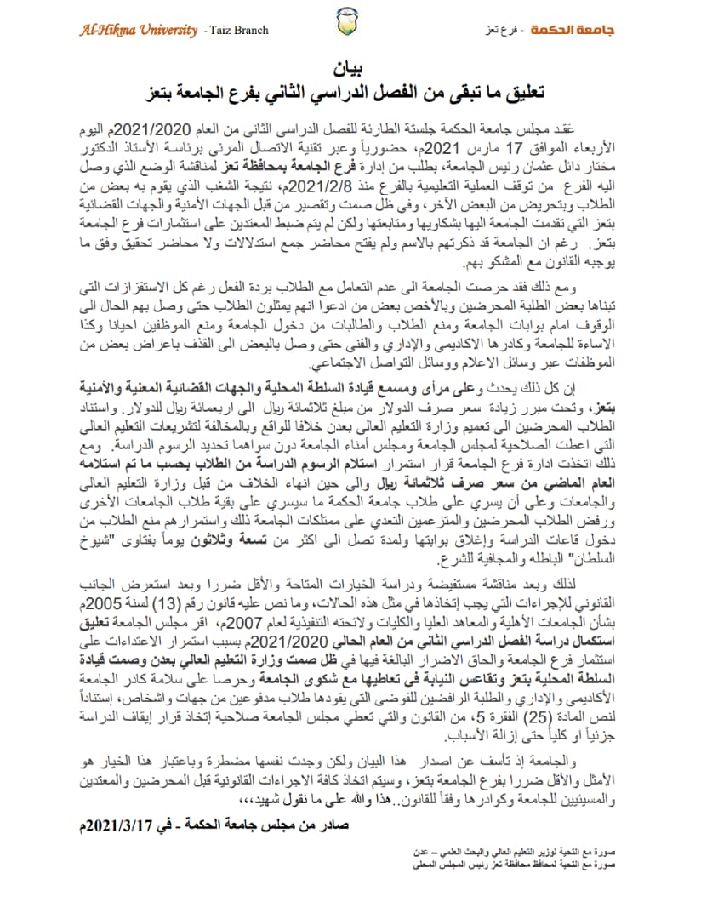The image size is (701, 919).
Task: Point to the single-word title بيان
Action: point(350,66)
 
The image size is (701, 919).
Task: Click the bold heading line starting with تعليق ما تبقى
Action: point(350,90)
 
